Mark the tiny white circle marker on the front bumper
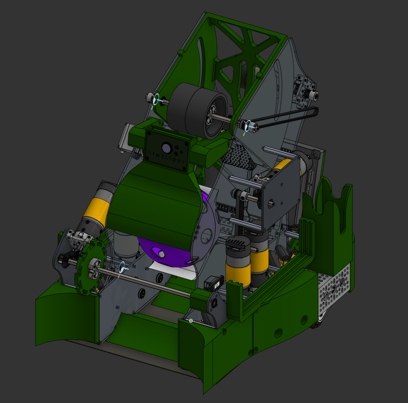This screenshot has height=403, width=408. coord(191,321)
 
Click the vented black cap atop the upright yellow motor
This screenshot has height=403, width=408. coord(237,243)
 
